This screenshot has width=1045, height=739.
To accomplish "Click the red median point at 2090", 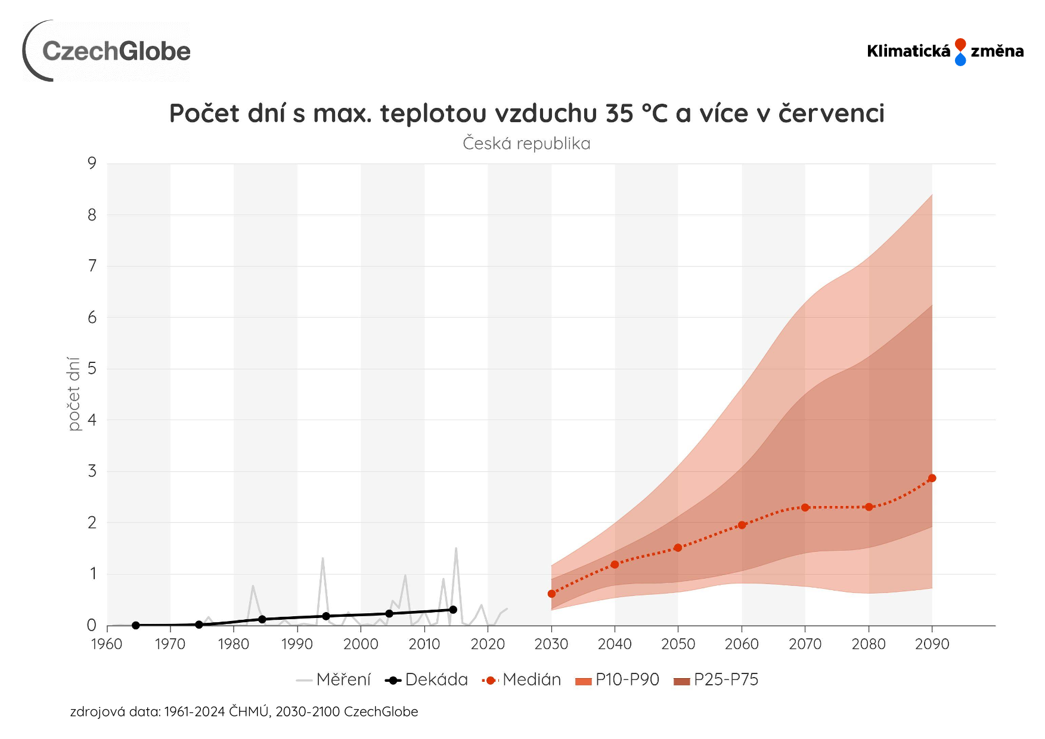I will pos(932,478).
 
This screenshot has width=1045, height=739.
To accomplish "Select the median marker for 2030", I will pos(551,594).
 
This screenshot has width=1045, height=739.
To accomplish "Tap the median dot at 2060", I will pos(742,525).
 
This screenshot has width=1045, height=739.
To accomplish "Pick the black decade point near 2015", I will pos(453,610).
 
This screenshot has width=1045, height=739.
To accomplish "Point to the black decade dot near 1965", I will pos(135,625).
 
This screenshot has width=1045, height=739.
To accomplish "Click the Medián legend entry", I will pos(522,680).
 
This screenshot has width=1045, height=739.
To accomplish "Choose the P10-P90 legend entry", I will pos(618,680).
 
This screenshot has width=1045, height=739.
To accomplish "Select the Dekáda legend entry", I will pos(427,680).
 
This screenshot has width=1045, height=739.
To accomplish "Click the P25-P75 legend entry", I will pos(716,680).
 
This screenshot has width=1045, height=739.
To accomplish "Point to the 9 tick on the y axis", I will pos(92,163).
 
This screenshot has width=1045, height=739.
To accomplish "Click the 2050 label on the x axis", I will pos(678,644).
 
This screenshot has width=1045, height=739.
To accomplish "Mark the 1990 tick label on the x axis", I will pos(297,644).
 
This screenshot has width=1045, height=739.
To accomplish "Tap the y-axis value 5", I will pos(92,369).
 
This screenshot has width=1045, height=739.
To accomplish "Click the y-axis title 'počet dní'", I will pos(73,394).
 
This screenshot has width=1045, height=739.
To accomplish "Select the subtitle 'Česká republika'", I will pos(526,144).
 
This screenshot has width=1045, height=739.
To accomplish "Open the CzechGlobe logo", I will pos(107,51).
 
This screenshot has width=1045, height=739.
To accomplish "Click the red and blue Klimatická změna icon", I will pos(960,52).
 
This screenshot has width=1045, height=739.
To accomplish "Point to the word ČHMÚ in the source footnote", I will pos(249,712).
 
